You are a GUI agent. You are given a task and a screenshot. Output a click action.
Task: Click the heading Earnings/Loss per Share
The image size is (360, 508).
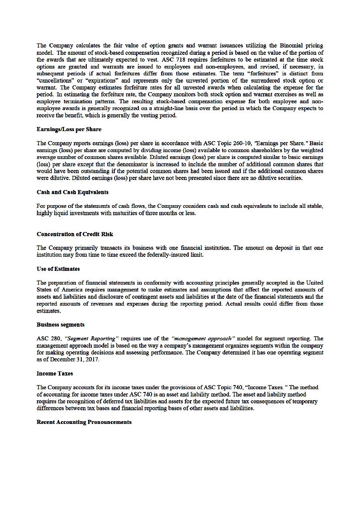(69, 129)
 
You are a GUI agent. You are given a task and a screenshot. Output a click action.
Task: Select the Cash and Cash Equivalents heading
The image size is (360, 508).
(72, 192)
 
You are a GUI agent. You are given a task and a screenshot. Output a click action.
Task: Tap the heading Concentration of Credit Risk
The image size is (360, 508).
(75, 234)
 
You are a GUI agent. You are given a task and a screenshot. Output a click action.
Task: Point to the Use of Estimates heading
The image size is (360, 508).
(58, 269)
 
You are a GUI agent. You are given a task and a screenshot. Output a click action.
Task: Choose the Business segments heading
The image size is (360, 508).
(60, 324)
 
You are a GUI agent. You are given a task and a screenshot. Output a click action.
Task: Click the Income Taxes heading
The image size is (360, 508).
(55, 373)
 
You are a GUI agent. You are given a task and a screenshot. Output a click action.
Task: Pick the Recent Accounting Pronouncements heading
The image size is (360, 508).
(84, 422)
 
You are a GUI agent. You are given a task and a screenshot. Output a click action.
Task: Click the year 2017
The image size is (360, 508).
(91, 359)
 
